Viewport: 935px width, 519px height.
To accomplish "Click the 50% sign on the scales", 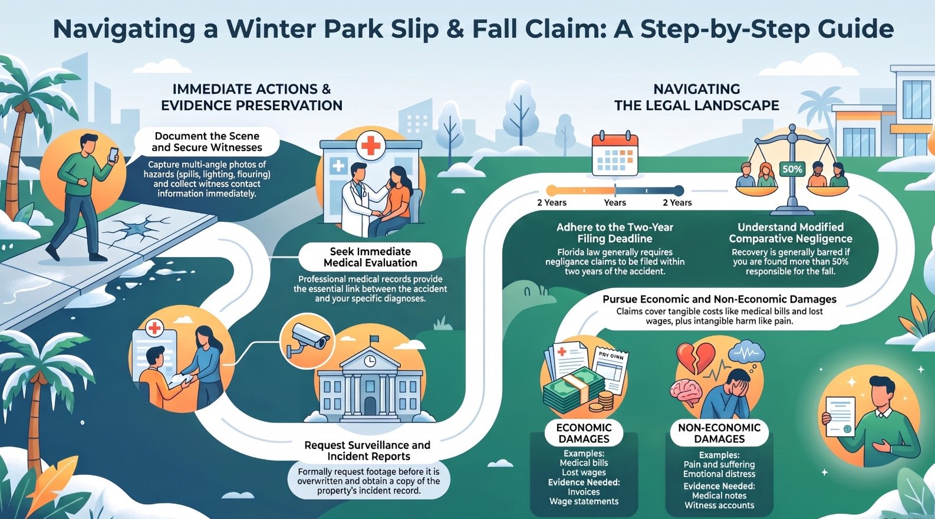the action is [x=792, y=169].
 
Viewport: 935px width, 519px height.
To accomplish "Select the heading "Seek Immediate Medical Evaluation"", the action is [x=370, y=257].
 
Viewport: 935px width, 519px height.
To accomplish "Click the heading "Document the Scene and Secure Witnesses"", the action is [x=207, y=142].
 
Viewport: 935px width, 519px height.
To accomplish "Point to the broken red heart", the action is [x=696, y=358].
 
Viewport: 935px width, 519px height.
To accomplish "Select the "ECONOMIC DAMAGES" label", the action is [x=584, y=433].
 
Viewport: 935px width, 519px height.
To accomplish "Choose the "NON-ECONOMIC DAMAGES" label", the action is [x=719, y=433].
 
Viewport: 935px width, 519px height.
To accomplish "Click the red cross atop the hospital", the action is [x=370, y=146].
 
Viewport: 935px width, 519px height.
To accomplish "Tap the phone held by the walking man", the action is [x=113, y=155].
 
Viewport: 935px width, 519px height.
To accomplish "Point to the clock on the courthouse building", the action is [x=370, y=361].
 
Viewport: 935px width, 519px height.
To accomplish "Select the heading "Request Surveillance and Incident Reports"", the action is [x=367, y=451].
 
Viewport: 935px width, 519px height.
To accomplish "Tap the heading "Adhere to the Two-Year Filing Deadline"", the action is [x=614, y=233].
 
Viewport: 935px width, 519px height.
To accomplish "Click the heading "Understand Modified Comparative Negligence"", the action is [x=791, y=233].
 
